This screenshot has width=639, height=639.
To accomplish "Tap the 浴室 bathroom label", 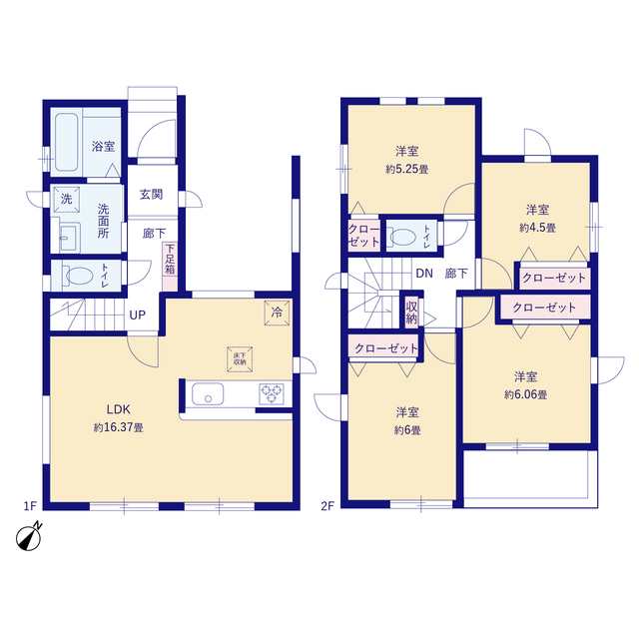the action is click(103, 146).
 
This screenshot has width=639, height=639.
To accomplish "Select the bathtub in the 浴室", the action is click(67, 142).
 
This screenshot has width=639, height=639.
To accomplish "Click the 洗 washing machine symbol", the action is click(67, 200).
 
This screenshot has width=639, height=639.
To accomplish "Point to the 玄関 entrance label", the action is click(151, 195).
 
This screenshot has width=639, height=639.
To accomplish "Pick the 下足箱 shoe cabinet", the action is click(170, 267).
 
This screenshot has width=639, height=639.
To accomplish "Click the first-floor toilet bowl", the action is click(79, 276).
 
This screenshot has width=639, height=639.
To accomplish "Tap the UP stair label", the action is click(138, 316).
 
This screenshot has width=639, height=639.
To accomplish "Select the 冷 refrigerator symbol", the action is click(277, 313).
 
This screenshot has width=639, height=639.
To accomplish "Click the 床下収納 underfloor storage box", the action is click(240, 359).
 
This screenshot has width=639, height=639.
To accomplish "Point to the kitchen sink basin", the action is click(208, 393).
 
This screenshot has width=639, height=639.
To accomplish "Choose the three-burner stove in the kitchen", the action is click(272, 393).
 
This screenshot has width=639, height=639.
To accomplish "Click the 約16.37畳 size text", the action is click(119, 427).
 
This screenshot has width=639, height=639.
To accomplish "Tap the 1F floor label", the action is click(31, 506).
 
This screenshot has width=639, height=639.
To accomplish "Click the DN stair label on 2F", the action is click(424, 274).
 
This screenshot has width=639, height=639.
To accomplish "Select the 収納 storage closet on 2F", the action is click(411, 313).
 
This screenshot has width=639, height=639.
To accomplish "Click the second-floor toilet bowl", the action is click(402, 237).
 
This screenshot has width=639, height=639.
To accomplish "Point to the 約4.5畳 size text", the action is click(537, 228).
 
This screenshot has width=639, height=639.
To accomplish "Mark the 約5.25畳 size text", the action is click(407, 169).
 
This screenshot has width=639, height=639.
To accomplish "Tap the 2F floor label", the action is click(327, 506).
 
